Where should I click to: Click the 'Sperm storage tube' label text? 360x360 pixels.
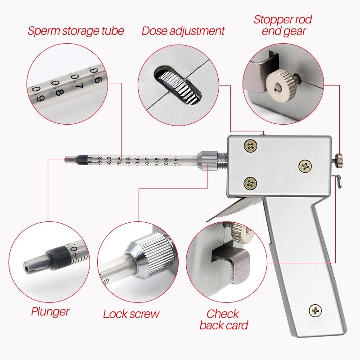pos(76,31)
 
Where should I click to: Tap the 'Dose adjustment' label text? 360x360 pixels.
pos(183,31)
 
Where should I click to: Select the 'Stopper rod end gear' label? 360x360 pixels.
pos(283,25)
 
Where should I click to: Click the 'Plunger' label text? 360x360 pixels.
pos(50,311)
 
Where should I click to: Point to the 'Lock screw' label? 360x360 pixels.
pos(131,314)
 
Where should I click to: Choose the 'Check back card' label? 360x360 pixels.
pos(224,319)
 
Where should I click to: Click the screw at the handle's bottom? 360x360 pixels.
pos(315,310)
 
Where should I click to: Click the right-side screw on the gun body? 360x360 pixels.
pos(306,166)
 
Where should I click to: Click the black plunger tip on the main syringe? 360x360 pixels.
pos(82,159)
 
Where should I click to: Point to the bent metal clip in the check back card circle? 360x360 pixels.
pos(232,261)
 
